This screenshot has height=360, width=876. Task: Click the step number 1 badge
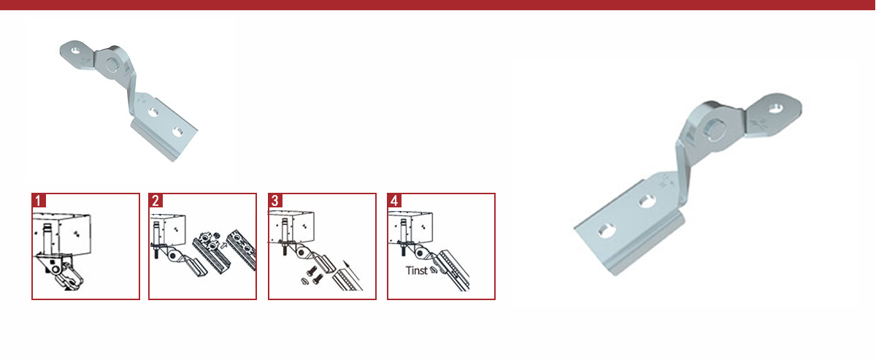pyautogui.click(x=39, y=200)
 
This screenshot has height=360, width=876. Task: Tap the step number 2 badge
pyautogui.click(x=155, y=200)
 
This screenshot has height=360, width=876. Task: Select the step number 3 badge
pyautogui.click(x=275, y=200)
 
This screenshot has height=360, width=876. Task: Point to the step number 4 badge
pyautogui.click(x=394, y=200)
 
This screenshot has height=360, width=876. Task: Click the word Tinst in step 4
pyautogui.click(x=417, y=270)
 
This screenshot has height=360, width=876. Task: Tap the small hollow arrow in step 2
pyautogui.click(x=223, y=246)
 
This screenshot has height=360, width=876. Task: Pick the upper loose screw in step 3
pyautogui.click(x=312, y=271)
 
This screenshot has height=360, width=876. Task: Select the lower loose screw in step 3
pyautogui.click(x=318, y=279)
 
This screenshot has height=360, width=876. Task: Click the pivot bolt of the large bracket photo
pyautogui.click(x=715, y=130)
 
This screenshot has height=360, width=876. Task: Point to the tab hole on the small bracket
pyautogui.click(x=76, y=50)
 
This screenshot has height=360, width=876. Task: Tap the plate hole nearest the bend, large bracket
pyautogui.click(x=648, y=201)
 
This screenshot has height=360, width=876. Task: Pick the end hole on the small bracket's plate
pyautogui.click(x=178, y=132)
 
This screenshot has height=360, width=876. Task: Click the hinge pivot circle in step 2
pyautogui.click(x=172, y=256)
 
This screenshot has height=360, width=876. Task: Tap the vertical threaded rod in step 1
pyautogui.click(x=47, y=239)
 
